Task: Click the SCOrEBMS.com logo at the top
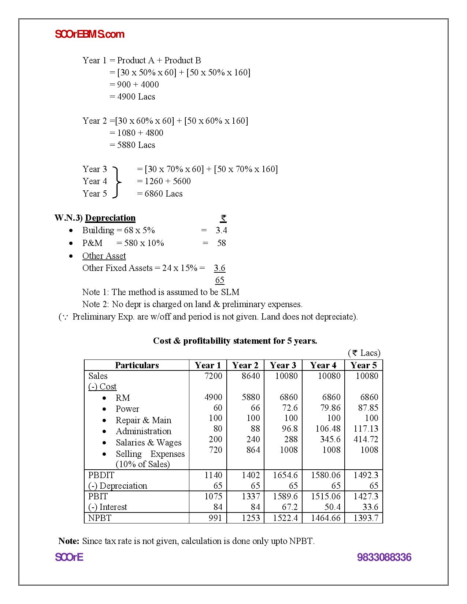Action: pyautogui.click(x=89, y=34)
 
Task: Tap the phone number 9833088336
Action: pyautogui.click(x=384, y=558)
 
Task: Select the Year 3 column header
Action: pyautogui.click(x=283, y=365)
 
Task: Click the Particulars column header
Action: pyautogui.click(x=137, y=365)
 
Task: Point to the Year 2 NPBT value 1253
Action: pyautogui.click(x=251, y=518)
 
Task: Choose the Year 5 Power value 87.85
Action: pyautogui.click(x=368, y=408)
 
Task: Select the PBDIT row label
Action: pyautogui.click(x=101, y=475)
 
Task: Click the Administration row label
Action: pyautogui.click(x=143, y=431)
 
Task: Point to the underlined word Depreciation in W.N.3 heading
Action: pyautogui.click(x=110, y=218)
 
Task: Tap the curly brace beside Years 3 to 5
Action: pyautogui.click(x=116, y=182)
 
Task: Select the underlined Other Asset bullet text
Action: pyautogui.click(x=104, y=256)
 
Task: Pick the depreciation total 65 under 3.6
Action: pyautogui.click(x=219, y=280)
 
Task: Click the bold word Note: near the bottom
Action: pyautogui.click(x=69, y=541)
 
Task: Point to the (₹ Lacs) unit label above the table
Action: pyautogui.click(x=364, y=353)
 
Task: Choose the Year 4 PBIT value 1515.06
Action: pyautogui.click(x=326, y=496)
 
